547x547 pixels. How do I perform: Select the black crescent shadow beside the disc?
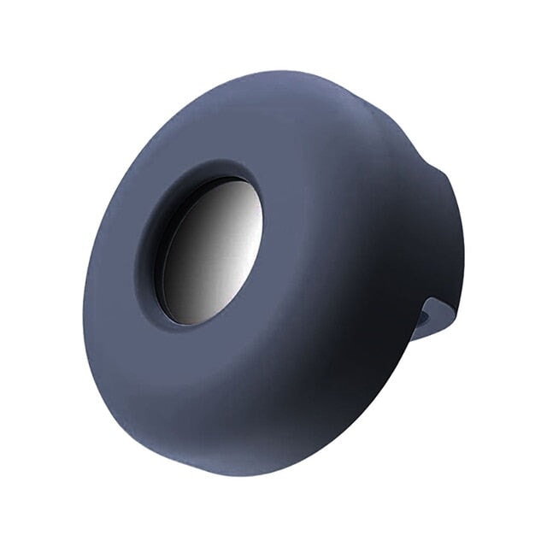(165, 256)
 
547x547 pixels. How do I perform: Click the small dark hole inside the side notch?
(426, 317)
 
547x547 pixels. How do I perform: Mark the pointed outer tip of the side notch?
(456, 315)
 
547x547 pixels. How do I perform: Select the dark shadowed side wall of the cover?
(376, 342)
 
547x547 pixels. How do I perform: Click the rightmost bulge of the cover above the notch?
(462, 231)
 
